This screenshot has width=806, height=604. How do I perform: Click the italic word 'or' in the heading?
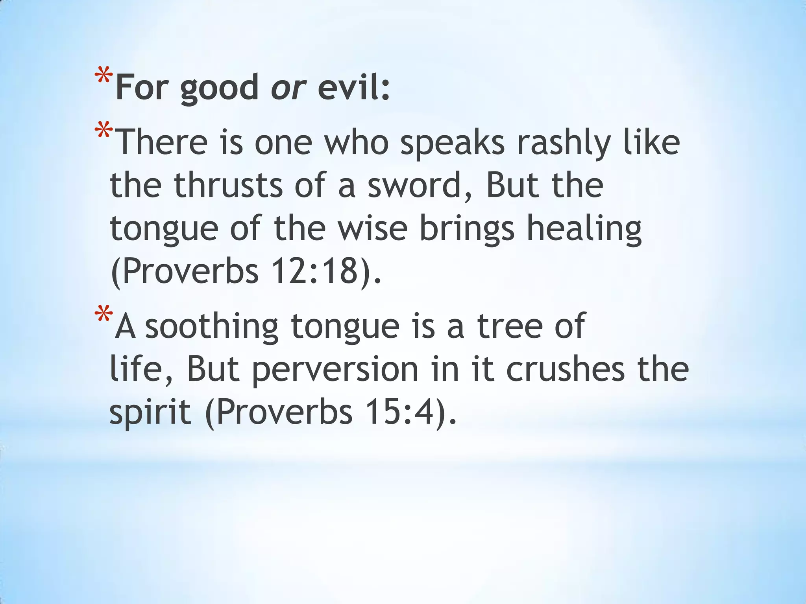tap(288, 87)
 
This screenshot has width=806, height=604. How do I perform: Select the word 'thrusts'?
tap(228, 185)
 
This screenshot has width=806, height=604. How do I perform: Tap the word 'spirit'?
tap(150, 413)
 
